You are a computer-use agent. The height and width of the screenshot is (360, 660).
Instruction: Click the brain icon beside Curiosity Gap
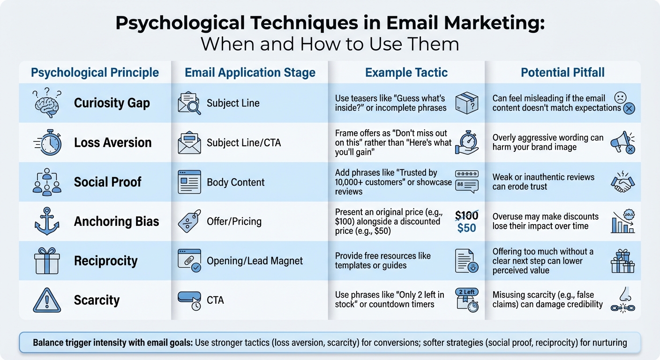tap(47, 104)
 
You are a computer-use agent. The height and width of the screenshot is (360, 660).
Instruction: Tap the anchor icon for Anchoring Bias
tap(47, 222)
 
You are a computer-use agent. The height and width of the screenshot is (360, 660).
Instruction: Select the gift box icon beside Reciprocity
tap(47, 261)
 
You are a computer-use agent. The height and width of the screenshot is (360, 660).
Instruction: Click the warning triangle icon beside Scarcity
tap(47, 300)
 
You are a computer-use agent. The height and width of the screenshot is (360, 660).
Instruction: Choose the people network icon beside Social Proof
tap(47, 182)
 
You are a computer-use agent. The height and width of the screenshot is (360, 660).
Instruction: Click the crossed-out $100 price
tap(466, 216)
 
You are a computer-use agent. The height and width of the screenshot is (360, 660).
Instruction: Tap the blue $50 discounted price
tap(466, 228)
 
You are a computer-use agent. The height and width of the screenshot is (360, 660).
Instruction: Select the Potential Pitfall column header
tap(562, 73)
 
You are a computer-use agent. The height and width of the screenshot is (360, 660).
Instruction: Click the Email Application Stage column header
tap(250, 73)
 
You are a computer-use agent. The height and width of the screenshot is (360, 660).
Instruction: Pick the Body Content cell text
tap(236, 182)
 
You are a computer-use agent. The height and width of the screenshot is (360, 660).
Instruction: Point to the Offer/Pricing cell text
tap(234, 222)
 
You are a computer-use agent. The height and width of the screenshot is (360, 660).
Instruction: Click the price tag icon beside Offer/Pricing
tap(189, 222)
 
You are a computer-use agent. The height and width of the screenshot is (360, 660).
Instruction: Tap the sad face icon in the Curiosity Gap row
tap(621, 98)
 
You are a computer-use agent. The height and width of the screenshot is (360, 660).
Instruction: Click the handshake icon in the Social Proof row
tap(623, 182)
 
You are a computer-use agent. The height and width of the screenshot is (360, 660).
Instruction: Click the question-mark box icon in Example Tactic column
tap(466, 103)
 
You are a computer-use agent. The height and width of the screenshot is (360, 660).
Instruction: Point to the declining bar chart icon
tap(622, 222)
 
